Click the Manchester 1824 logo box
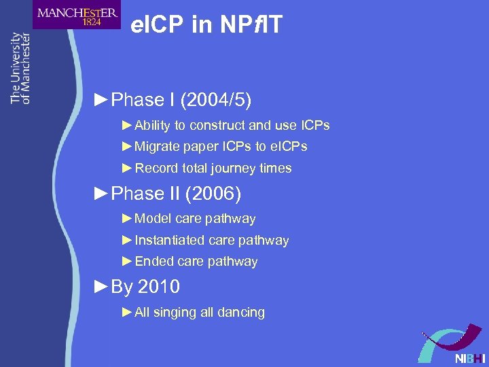(x=76, y=15)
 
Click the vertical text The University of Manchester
(x=20, y=68)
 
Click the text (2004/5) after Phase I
(x=211, y=100)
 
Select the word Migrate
(x=158, y=146)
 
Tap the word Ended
(x=153, y=261)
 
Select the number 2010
(x=158, y=287)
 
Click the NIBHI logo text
(x=471, y=357)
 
